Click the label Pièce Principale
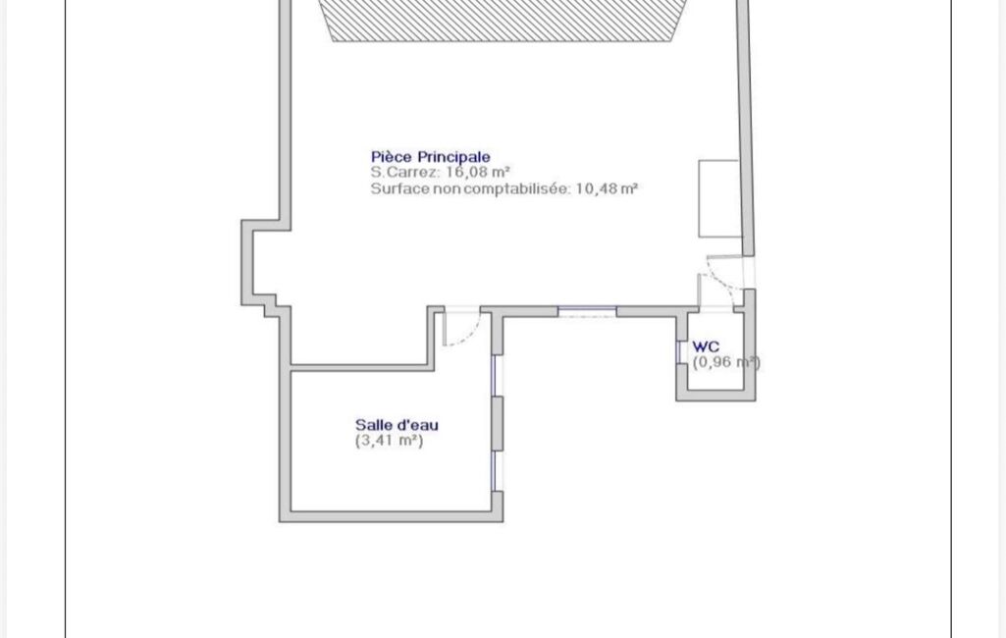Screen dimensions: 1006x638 (x=431, y=157)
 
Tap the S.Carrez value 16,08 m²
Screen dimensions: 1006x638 (x=478, y=172)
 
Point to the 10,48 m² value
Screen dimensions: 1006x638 (x=607, y=188)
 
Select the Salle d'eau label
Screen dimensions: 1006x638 (x=397, y=425)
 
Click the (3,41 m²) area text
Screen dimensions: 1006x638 (x=390, y=441)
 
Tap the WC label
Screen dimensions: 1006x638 (x=706, y=346)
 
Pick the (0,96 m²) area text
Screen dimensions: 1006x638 (x=727, y=362)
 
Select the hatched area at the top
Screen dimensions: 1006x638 (x=502, y=21)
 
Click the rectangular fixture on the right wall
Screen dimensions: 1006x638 (x=719, y=198)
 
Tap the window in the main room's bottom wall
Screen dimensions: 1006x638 (x=587, y=312)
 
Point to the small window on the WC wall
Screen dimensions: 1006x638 (x=679, y=352)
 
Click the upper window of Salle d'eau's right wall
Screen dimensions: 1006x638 (x=495, y=376)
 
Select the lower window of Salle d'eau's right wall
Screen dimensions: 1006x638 (x=495, y=471)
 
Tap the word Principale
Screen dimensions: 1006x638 (x=454, y=157)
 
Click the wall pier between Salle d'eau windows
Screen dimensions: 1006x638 (x=498, y=424)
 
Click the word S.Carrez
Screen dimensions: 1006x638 (x=405, y=172)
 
